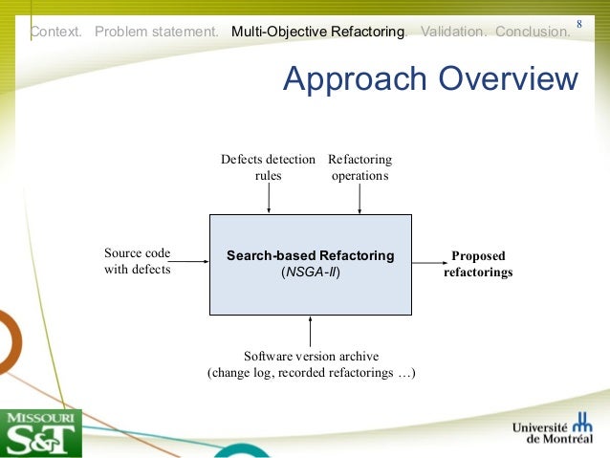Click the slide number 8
click(579, 22)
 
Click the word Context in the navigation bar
click(54, 32)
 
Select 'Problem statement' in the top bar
click(157, 32)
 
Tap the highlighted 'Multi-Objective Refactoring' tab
click(317, 32)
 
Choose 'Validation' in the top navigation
click(452, 32)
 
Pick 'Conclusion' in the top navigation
click(533, 32)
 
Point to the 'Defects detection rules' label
click(268, 167)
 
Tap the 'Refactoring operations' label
click(359, 167)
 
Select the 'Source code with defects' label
click(137, 261)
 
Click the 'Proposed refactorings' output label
click(478, 264)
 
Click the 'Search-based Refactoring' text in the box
click(310, 255)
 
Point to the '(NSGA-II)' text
click(310, 273)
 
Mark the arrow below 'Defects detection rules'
click(269, 199)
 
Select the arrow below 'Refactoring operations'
click(359, 199)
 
